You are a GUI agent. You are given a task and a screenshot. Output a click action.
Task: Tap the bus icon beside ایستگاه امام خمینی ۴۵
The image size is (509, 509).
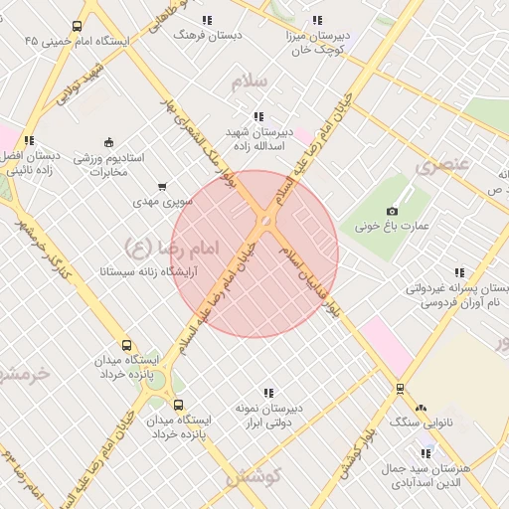point(78,28)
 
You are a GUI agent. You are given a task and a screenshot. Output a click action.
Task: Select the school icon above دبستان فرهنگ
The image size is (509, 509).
point(206,20)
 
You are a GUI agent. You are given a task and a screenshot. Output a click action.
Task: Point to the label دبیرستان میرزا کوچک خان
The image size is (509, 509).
point(318,41)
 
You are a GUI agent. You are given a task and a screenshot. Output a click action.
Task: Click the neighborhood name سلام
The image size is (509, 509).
point(250,83)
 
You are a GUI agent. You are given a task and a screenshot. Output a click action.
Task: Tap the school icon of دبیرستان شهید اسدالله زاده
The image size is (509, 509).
point(259,116)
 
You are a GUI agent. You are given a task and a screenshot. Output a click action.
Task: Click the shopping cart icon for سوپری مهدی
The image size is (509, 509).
point(162,187)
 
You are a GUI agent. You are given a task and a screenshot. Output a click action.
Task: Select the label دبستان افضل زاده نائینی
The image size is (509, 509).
point(30,164)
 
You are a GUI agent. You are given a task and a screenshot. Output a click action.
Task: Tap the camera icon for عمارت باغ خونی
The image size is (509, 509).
point(392,211)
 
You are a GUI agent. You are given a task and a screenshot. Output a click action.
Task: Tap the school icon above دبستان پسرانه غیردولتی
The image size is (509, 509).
point(458,272)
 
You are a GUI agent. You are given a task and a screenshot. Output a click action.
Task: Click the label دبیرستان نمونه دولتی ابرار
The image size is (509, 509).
point(267,416)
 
